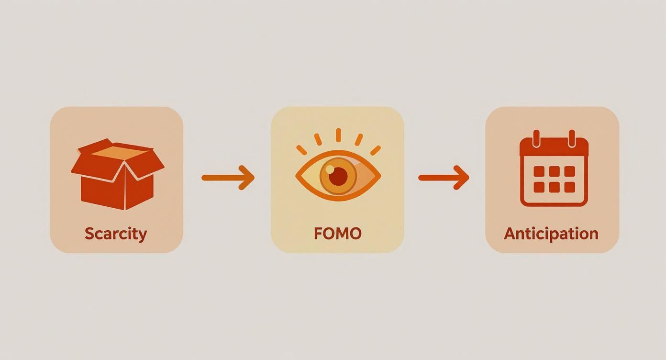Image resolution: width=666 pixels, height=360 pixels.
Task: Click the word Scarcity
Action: [x=116, y=234]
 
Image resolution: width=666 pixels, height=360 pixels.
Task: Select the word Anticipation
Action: [x=551, y=234]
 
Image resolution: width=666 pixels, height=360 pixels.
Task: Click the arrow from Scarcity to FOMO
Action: [x=228, y=178]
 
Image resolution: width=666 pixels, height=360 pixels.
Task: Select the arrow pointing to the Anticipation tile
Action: [x=444, y=178]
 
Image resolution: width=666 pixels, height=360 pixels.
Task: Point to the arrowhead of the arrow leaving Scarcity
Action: [x=247, y=178]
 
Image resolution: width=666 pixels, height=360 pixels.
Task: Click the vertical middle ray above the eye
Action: [x=338, y=135]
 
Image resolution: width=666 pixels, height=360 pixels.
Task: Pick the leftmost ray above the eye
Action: [x=301, y=150]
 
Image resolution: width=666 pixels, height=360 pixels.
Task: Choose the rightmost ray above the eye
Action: [x=376, y=150]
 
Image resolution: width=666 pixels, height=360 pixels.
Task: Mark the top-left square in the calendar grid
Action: [x=539, y=171]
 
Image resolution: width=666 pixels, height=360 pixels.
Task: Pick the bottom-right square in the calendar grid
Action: [x=569, y=187]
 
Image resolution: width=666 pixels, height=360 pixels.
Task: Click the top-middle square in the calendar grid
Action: [x=554, y=171]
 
